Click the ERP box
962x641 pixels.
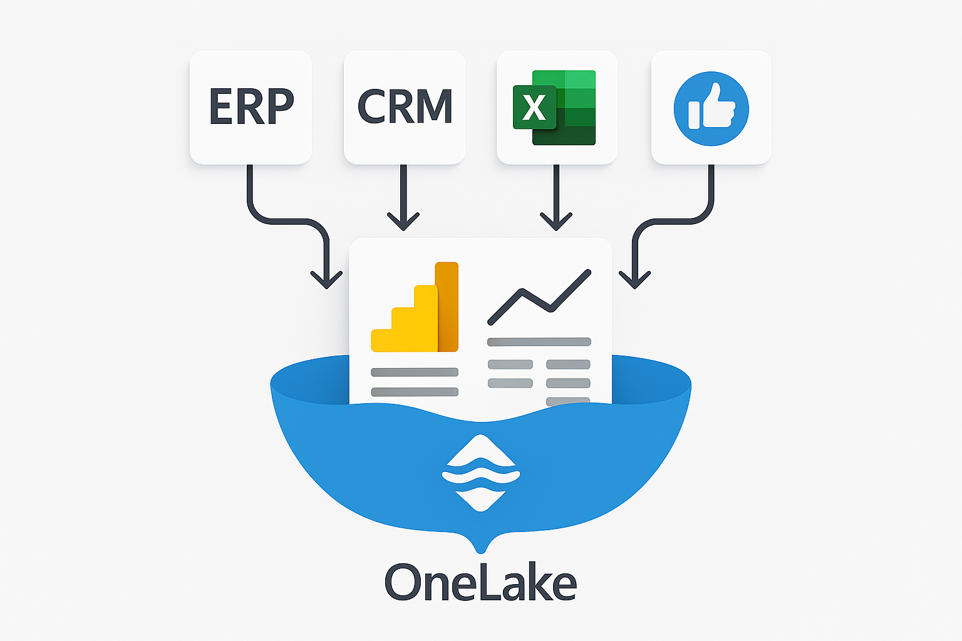pyautogui.click(x=251, y=108)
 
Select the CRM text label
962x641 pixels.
pyautogui.click(x=405, y=107)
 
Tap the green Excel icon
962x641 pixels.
pyautogui.click(x=555, y=108)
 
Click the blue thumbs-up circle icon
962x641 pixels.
pyautogui.click(x=711, y=108)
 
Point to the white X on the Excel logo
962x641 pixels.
pyautogui.click(x=534, y=108)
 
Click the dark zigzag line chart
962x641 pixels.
pyautogui.click(x=539, y=297)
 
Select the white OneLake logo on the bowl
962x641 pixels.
pyautogui.click(x=480, y=473)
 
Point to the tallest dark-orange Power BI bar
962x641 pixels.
pyautogui.click(x=447, y=307)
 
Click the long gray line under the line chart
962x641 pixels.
pyautogui.click(x=539, y=342)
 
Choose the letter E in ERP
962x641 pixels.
pyautogui.click(x=220, y=107)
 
